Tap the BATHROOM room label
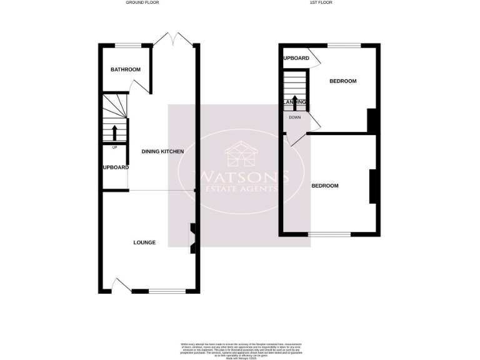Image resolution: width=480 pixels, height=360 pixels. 126,69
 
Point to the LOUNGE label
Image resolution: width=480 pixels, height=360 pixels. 144,242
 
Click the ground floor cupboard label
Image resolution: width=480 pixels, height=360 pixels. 116,167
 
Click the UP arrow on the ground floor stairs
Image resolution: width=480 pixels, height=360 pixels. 114,133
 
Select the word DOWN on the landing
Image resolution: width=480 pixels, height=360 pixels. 295,117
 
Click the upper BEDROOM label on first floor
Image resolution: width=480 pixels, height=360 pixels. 342,81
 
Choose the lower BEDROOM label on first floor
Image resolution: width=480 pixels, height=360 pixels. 325,186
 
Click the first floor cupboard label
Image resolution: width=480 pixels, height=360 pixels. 296,58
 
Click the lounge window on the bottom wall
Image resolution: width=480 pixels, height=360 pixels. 167,291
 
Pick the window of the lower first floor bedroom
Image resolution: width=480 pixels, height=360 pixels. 329,234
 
